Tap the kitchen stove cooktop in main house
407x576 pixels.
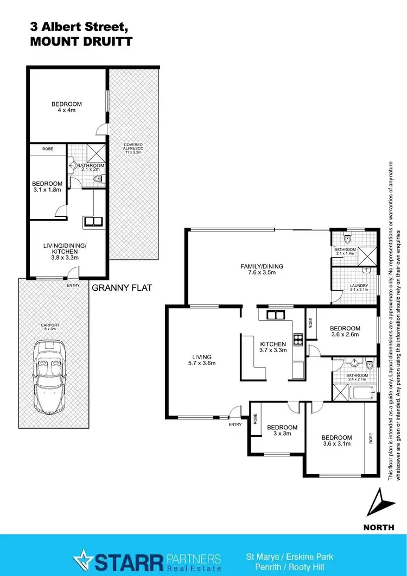298,340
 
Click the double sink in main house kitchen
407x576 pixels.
275,315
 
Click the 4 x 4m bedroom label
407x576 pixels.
67,107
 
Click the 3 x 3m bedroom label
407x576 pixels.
282,430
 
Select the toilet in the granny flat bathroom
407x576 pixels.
98,179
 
